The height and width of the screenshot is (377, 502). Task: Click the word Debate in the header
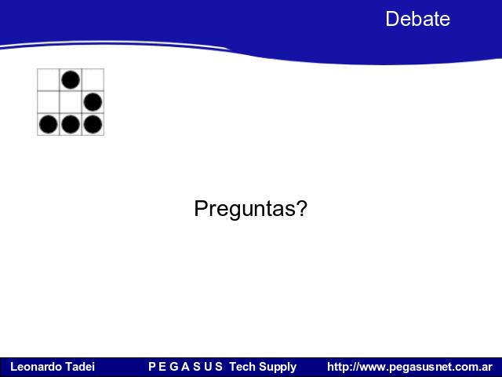click(x=417, y=19)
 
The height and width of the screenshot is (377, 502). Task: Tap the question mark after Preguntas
click(x=301, y=207)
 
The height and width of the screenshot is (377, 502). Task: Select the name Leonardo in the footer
click(x=35, y=367)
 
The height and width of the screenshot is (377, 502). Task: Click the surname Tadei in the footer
click(x=79, y=367)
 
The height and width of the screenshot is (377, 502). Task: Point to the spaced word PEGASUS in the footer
click(x=185, y=367)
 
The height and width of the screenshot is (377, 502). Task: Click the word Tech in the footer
click(x=242, y=367)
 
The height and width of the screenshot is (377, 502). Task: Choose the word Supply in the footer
click(x=278, y=367)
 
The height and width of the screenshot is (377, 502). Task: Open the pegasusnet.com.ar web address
click(x=409, y=367)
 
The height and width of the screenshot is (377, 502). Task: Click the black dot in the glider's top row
click(x=71, y=80)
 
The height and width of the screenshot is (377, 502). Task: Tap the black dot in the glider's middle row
click(x=93, y=102)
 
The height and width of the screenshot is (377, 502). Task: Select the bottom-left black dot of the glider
click(x=49, y=124)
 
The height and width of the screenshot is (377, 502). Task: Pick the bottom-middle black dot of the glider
click(x=71, y=124)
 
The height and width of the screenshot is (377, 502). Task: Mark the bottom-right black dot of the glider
click(x=93, y=124)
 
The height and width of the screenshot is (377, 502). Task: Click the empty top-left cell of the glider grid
click(x=49, y=80)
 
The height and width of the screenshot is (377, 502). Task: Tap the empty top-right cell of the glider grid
click(x=93, y=80)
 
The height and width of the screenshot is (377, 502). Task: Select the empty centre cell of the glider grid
click(x=71, y=102)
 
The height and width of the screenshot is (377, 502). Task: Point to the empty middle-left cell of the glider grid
click(x=49, y=102)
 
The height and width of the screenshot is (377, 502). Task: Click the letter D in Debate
click(x=391, y=19)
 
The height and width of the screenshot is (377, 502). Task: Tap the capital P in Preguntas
click(x=201, y=208)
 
